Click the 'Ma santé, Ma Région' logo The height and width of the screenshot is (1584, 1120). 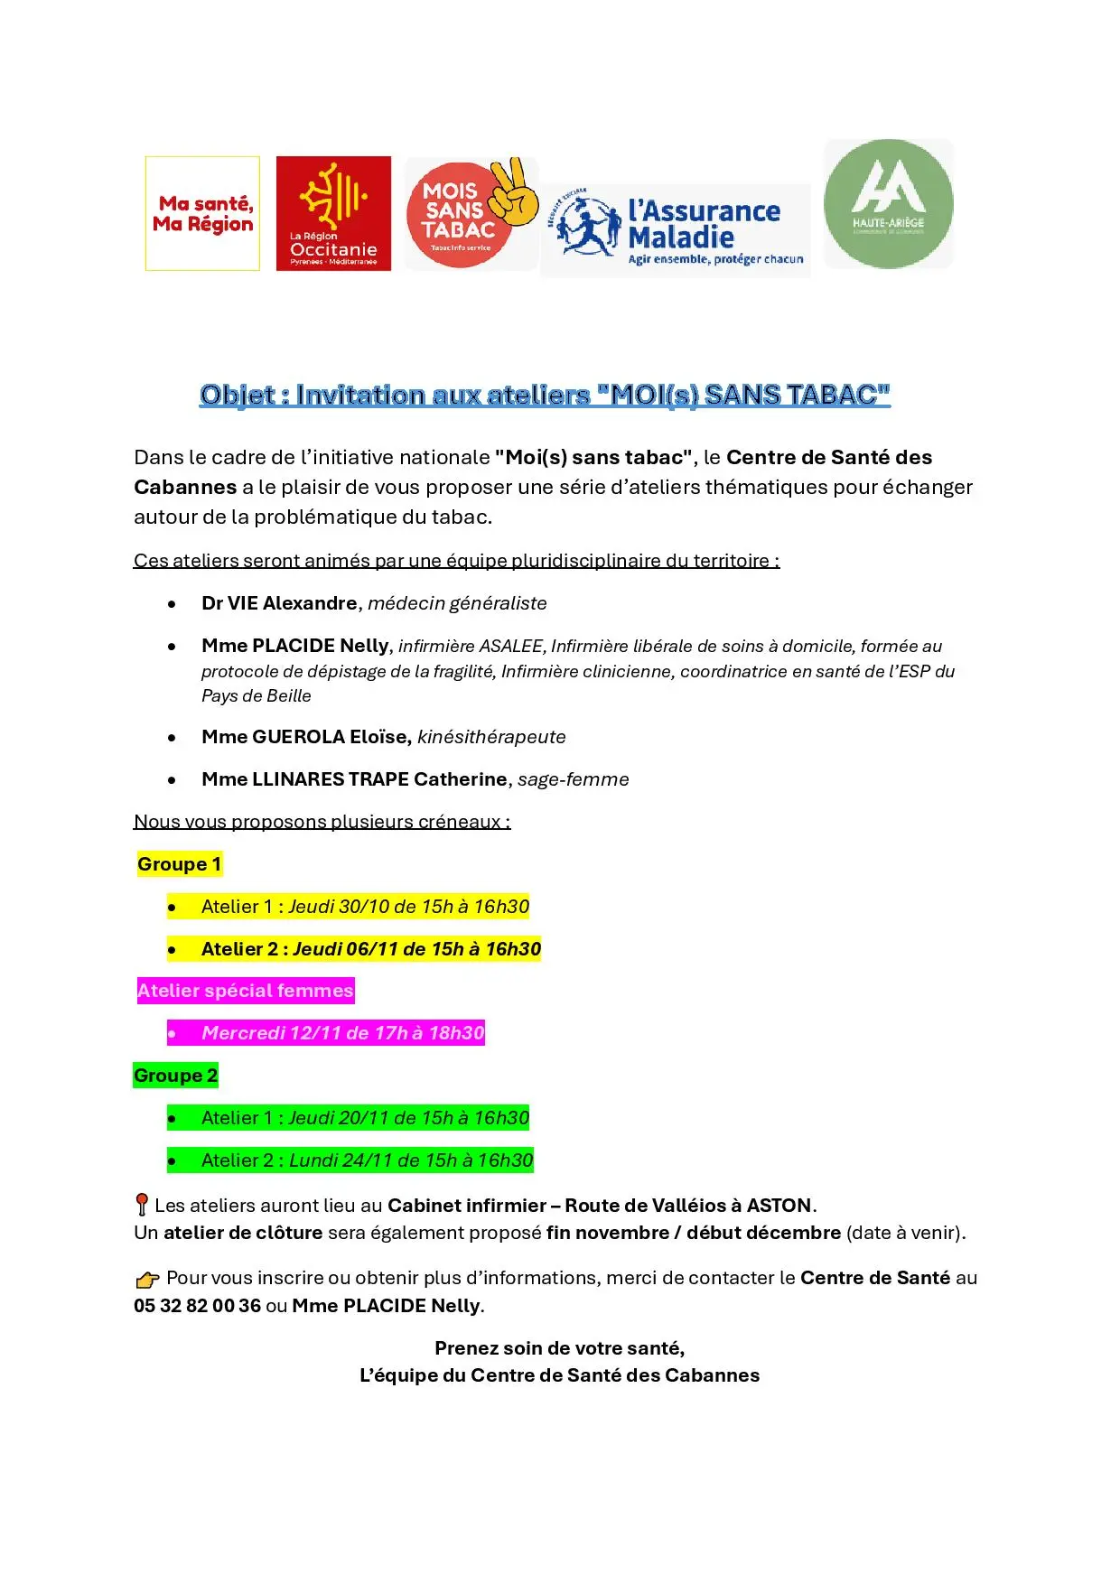pos(202,213)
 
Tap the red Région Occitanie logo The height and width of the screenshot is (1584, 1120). pos(333,213)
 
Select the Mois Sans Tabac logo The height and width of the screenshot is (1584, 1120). pos(470,213)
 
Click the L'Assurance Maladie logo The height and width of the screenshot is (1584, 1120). pos(676,231)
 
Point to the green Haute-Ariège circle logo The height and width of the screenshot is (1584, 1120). pos(888,204)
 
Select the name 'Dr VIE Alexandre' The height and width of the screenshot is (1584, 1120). pos(279,603)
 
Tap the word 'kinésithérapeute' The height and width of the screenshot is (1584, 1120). pos(491,737)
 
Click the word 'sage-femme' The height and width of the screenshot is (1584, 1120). pos(574,779)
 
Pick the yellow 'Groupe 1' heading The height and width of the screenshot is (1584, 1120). pos(179,864)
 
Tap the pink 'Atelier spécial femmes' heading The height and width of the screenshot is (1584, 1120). pos(245,991)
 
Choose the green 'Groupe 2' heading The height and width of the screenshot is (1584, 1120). pos(175,1076)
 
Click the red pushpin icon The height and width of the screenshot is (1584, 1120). pos(141,1205)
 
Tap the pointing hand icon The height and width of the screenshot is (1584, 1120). pos(147,1279)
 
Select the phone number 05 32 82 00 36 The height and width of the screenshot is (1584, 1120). pos(197,1306)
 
